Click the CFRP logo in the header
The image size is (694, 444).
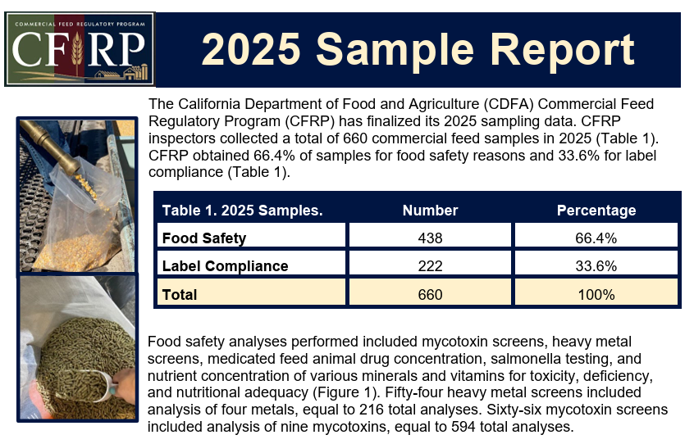coord(80,49)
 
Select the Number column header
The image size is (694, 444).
coord(430,211)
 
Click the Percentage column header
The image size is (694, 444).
coord(596,211)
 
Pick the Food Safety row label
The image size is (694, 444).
coord(204,238)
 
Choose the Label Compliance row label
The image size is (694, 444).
coord(225,266)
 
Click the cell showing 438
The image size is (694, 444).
coord(430,238)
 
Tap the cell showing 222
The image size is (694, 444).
coord(430,266)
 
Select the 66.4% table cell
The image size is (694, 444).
coord(596,238)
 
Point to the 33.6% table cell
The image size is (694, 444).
coord(596,266)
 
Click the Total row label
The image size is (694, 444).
coord(180,294)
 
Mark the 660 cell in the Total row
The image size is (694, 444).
coord(430,294)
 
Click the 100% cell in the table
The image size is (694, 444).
coord(596,294)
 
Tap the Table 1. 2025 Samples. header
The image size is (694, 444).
coord(242,211)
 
